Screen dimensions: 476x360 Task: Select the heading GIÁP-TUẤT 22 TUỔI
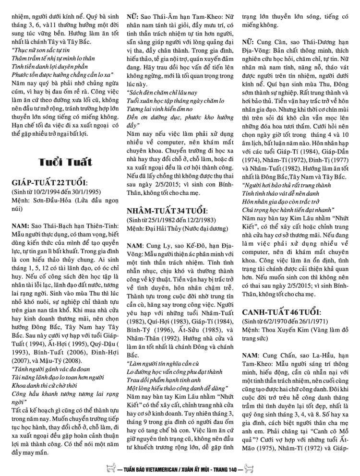[48, 182]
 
